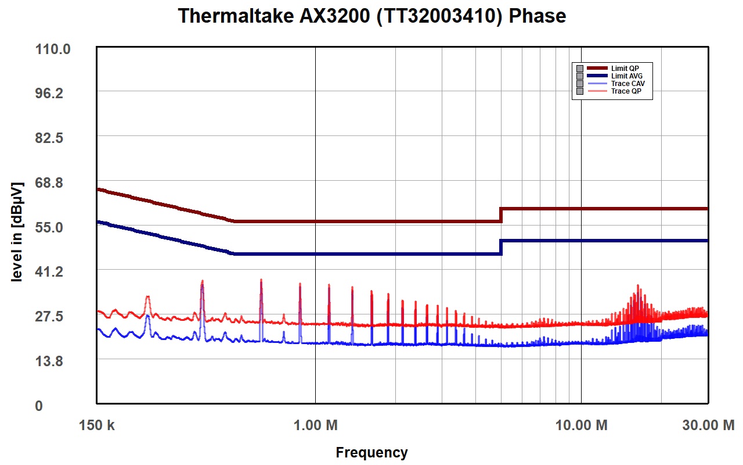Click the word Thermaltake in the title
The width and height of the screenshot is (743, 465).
click(x=236, y=16)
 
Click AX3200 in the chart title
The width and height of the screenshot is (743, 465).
click(x=335, y=16)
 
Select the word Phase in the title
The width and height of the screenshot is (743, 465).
click(x=538, y=16)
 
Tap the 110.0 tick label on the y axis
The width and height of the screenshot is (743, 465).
click(x=53, y=49)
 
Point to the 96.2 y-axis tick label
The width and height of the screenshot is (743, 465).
click(x=49, y=94)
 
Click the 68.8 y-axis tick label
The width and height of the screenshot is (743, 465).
click(x=49, y=183)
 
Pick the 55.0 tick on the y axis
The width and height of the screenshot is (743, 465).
click(x=49, y=227)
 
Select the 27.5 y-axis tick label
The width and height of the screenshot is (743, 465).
click(x=49, y=316)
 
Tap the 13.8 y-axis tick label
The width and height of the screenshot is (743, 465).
click(x=49, y=361)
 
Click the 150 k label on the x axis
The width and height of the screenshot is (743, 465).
click(x=96, y=425)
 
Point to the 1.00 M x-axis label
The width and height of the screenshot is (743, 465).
click(x=315, y=425)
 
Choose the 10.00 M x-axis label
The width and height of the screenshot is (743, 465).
click(x=581, y=425)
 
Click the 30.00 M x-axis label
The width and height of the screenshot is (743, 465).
click(x=708, y=425)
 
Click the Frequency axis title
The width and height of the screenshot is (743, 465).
click(x=371, y=453)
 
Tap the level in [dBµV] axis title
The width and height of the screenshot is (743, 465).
click(x=17, y=232)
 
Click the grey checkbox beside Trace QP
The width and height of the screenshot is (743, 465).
click(x=580, y=91)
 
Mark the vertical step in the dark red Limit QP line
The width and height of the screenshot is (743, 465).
click(x=501, y=215)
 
